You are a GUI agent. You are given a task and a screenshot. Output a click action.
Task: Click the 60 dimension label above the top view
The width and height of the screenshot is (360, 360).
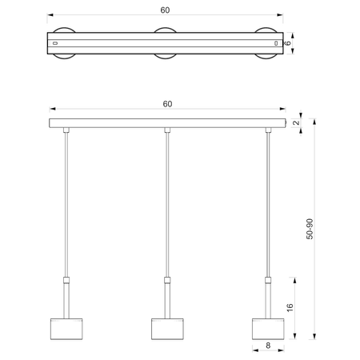coord(165,10)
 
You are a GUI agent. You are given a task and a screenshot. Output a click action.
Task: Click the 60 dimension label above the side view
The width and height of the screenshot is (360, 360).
coord(167,104)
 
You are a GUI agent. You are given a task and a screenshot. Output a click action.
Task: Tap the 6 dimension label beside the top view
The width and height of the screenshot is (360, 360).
coord(288,43)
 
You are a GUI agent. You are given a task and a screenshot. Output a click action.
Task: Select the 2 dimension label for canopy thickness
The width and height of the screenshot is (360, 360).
coord(296,122)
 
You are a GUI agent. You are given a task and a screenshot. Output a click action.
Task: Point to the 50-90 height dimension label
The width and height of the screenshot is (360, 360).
coord(310,229)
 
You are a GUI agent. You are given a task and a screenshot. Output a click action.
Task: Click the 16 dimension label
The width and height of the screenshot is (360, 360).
coord(290,307)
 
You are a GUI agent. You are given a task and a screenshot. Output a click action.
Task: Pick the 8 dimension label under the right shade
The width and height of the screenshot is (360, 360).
coord(268,346)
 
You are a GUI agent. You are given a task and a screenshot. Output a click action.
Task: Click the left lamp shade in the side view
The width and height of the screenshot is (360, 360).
coord(66,329)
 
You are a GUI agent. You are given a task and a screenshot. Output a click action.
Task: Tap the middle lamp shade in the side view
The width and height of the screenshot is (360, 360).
coord(167,329)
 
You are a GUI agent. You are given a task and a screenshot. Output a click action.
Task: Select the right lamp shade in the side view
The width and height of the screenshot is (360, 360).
coord(268,329)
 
